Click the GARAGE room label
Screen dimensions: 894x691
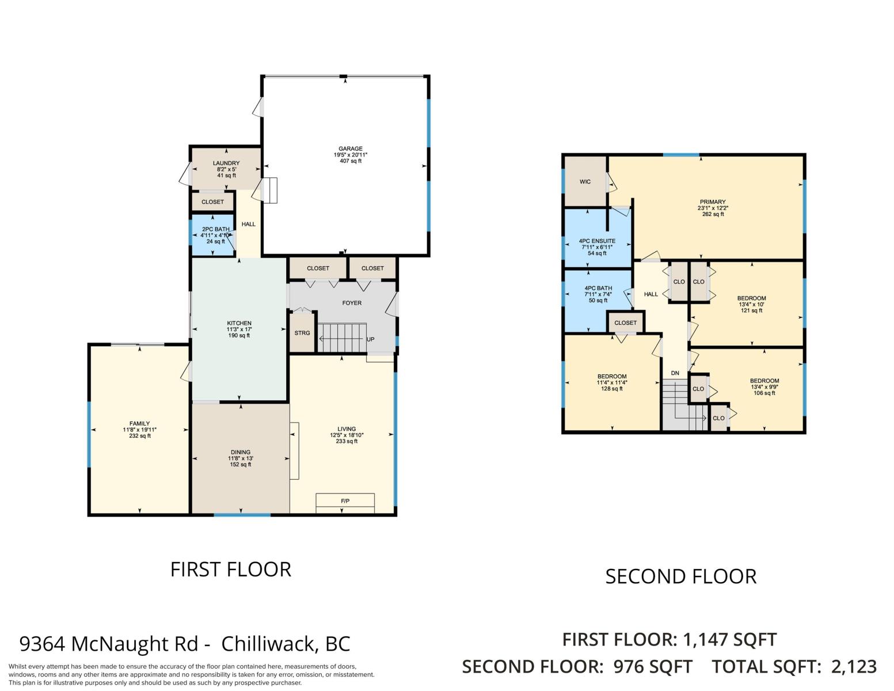pos(350,149)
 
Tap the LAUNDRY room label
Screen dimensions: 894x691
pos(226,163)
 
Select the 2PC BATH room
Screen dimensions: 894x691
pos(212,234)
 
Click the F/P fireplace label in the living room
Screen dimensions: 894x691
pos(345,501)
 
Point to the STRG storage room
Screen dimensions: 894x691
pos(302,332)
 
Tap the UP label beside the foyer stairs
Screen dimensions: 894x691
pos(370,340)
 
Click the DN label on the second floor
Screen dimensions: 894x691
pos(675,373)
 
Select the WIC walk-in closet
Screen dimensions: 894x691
pos(585,181)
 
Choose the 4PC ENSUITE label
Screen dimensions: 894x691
pos(597,241)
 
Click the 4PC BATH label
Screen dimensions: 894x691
pos(598,288)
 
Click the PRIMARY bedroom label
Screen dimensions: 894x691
pos(713,202)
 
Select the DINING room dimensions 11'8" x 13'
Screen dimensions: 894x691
pos(240,458)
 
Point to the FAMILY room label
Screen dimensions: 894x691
pos(139,423)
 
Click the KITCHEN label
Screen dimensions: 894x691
pos(239,323)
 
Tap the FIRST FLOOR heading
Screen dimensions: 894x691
pos(231,569)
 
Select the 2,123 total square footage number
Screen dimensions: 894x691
pos(854,667)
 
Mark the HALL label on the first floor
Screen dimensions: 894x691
pos(249,224)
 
